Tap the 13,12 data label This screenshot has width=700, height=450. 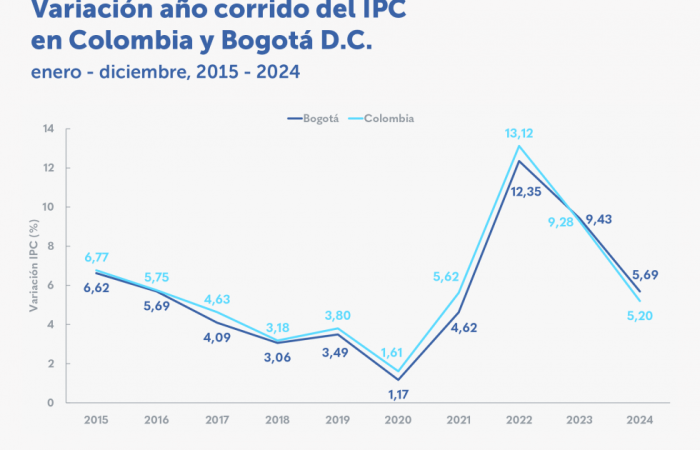pos(518,132)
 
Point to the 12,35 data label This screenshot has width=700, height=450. pos(519,191)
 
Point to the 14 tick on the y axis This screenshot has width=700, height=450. pos(48,129)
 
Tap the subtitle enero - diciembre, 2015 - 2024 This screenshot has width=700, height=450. pos(165,71)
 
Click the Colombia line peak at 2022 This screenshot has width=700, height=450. pos(519,146)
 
